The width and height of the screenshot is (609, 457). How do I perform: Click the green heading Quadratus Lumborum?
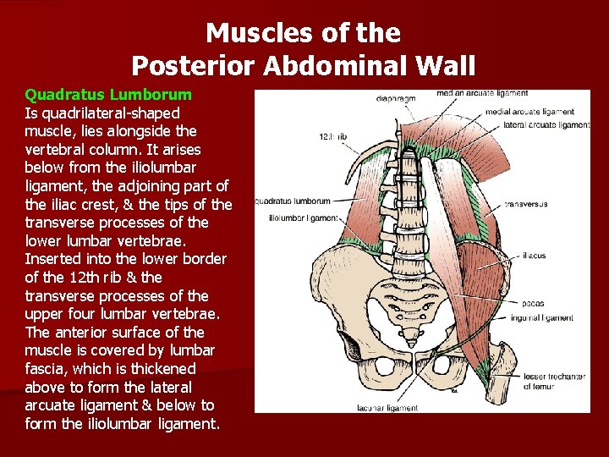point(108,94)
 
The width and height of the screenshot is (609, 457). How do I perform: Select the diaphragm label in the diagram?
point(397,99)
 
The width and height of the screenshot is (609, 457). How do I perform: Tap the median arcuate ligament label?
point(482,93)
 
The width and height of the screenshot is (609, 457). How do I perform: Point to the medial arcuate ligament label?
point(530,112)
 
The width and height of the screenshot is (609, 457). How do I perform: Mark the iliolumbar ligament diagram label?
point(303,217)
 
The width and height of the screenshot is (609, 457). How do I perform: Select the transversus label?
point(527,204)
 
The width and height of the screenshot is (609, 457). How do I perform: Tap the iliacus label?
point(534,255)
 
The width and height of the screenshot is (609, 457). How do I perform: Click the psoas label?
point(533,302)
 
